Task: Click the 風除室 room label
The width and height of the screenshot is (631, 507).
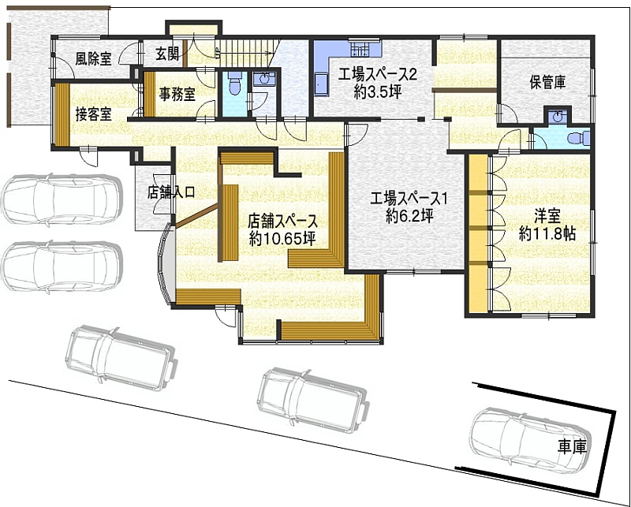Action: pyautogui.click(x=93, y=59)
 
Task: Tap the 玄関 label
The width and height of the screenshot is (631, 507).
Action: pyautogui.click(x=167, y=54)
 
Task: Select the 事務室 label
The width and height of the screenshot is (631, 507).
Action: pyautogui.click(x=177, y=94)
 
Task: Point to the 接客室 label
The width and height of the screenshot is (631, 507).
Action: pyautogui.click(x=93, y=114)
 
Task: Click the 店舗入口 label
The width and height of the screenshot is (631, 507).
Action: pyautogui.click(x=171, y=192)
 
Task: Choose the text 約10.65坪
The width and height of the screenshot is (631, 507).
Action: pyautogui.click(x=282, y=239)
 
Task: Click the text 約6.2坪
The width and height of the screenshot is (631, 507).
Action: pyautogui.click(x=409, y=217)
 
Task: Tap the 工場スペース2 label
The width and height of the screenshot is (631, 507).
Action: pyautogui.click(x=377, y=75)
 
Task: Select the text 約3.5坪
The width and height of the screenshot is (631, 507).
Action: pyautogui.click(x=378, y=92)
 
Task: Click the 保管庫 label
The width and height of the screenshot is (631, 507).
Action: pyautogui.click(x=547, y=83)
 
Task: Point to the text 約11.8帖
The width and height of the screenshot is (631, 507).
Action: pyautogui.click(x=547, y=233)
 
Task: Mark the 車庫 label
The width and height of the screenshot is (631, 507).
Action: pyautogui.click(x=572, y=446)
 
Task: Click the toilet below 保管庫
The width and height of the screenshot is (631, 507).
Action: pyautogui.click(x=578, y=138)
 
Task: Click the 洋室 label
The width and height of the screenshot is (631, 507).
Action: pyautogui.click(x=547, y=217)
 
